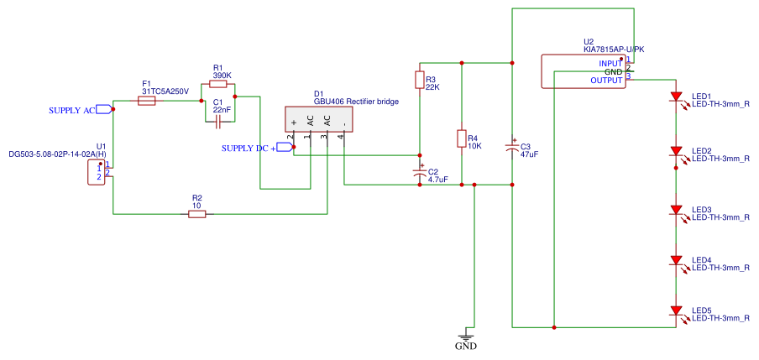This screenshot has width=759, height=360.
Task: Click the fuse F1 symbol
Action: coord(146,101)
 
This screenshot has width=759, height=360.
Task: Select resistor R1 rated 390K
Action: coord(218,85)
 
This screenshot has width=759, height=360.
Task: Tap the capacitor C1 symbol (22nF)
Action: coord(218,123)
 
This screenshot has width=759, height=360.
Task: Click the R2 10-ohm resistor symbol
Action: coord(197,214)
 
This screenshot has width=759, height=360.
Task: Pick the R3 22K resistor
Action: coord(420,80)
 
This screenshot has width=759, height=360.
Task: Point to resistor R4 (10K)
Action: coord(461,138)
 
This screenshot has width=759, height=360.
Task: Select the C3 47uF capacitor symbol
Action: coord(511,148)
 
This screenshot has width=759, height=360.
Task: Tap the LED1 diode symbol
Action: coord(675,97)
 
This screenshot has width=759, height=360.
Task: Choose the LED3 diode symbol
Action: coord(675,210)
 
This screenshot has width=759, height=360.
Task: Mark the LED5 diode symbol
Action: coord(675,310)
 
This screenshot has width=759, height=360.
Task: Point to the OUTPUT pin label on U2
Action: coord(605,81)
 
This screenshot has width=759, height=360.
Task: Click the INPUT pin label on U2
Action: coord(610,63)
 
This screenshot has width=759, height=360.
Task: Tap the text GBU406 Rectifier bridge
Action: coord(356,102)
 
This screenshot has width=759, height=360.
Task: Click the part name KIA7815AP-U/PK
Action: coord(614,50)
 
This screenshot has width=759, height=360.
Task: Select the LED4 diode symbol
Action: coord(675,260)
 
